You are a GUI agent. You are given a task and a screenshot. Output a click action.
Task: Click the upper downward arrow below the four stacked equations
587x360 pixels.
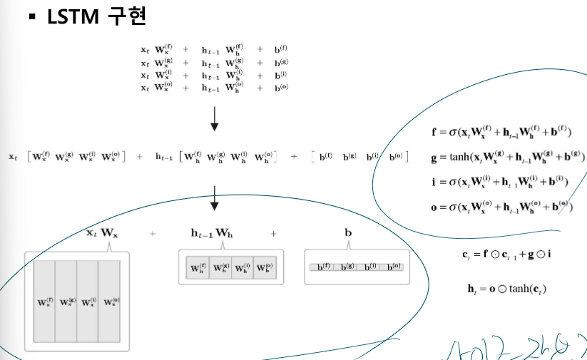tap(214, 118)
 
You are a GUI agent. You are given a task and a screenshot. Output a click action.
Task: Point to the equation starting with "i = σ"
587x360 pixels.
tap(499, 182)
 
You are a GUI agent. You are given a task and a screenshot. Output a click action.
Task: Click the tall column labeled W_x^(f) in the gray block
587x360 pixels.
tap(44, 302)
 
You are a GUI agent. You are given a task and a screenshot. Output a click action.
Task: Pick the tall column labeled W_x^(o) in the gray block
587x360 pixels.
tap(110, 302)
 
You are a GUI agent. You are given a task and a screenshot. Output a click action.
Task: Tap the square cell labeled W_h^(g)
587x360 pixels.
tap(220, 269)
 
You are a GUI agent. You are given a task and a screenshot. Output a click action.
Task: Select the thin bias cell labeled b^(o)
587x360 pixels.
tap(393, 267)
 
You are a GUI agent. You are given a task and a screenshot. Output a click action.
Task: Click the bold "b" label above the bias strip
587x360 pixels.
tap(348, 232)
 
